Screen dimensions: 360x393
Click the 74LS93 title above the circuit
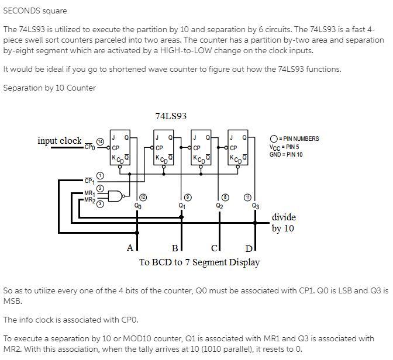171,116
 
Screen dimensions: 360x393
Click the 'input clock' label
59,141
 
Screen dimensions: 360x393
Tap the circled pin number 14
100,142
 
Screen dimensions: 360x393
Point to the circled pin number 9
187,197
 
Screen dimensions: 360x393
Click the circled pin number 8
226,197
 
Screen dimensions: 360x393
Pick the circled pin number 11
249,197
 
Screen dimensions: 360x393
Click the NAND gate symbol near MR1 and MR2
116,196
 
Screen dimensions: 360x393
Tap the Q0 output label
137,206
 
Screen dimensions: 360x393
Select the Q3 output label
255,206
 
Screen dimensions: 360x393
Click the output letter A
130,248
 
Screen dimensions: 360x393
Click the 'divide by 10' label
284,223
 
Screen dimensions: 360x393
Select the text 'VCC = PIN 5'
284,147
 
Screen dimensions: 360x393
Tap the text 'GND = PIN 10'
286,154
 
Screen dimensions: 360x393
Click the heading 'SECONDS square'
35,11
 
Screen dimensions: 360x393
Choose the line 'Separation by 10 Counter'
49,88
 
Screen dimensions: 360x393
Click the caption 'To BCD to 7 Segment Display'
199,262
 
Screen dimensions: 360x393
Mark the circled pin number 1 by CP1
100,176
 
